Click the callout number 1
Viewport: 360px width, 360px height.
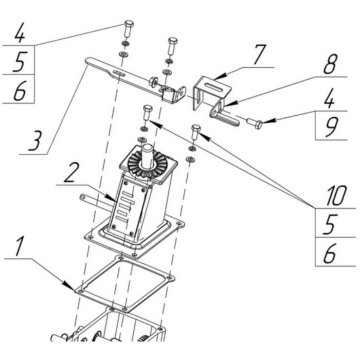point(20,246)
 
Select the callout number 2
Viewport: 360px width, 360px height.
point(71,173)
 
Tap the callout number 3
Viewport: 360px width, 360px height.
point(35,140)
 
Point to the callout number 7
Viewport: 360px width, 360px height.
point(259,54)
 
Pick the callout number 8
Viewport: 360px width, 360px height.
point(330,64)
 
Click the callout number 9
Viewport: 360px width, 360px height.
point(331,126)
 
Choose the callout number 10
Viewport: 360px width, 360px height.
point(336,196)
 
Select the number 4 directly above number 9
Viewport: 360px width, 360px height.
point(329,98)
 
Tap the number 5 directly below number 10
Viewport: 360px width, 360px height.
point(330,224)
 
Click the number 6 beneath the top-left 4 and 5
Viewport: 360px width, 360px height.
point(20,90)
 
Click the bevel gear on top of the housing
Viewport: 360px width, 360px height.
point(147,164)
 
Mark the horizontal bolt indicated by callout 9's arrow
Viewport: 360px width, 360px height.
point(255,123)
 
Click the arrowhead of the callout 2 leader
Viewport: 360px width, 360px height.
point(112,198)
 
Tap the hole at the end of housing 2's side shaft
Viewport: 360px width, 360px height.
point(83,197)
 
